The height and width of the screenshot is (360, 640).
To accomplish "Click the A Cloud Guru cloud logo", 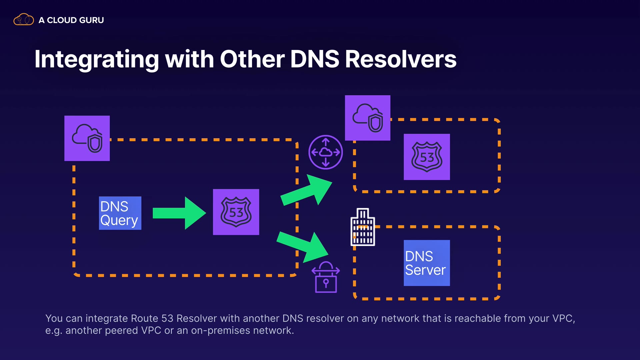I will point(23,20).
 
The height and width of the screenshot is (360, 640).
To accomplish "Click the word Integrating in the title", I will point(97,59).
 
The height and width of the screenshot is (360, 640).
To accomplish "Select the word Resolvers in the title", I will point(400,59).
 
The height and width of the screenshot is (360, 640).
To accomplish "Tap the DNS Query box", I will point(120,213).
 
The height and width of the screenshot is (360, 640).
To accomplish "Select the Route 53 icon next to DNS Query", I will point(236,212).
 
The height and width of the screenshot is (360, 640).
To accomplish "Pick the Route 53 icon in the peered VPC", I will point(427,157).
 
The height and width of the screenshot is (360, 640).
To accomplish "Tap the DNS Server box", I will point(427,263).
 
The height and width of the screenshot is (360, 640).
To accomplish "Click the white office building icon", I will point(363,227).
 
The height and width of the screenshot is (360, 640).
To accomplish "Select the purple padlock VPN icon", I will point(326,277).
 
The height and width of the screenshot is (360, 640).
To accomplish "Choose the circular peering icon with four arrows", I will point(325,152).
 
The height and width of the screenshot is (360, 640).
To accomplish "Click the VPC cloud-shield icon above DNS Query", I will point(87,138).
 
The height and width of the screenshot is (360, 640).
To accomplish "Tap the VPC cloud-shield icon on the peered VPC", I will point(367,118).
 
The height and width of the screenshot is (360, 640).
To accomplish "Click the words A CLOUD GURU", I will point(71,20).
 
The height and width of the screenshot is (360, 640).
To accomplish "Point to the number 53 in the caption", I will point(167,318).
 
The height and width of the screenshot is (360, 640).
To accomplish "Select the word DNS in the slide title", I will point(315,59).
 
